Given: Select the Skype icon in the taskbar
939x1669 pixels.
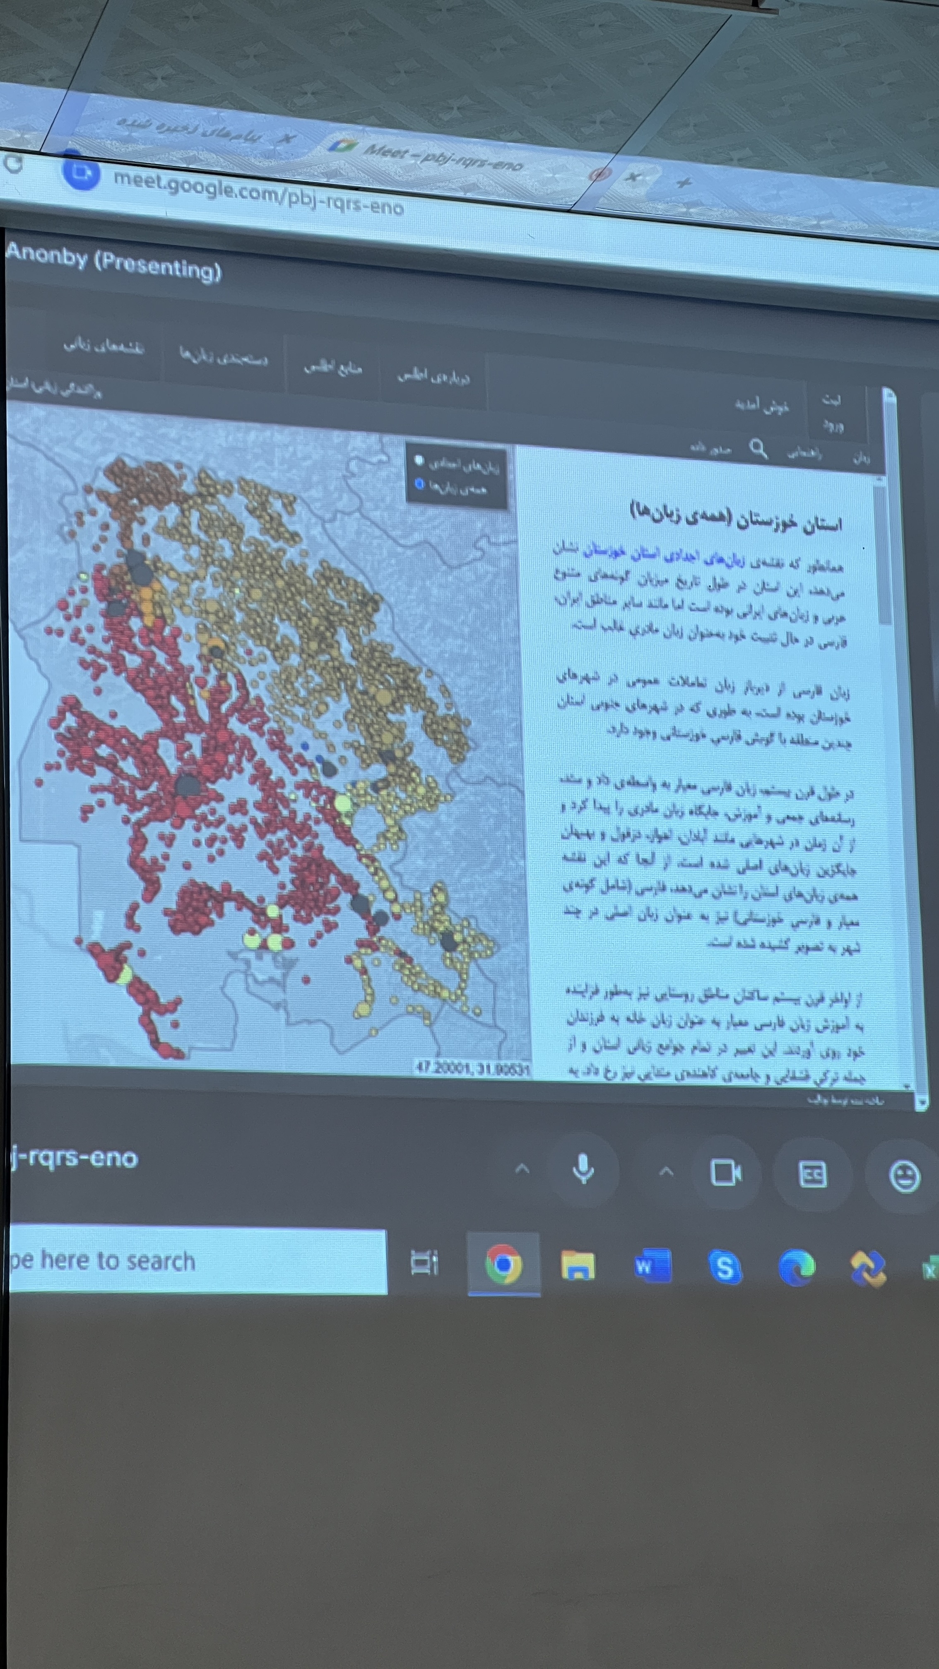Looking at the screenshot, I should click(x=725, y=1267).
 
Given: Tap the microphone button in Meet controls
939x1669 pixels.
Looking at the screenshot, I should click(x=583, y=1169).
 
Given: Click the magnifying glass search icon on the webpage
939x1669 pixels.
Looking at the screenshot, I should click(x=758, y=448).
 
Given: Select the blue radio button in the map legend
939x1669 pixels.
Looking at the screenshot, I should click(x=419, y=483).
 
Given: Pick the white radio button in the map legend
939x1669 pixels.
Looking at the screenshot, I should click(x=419, y=460).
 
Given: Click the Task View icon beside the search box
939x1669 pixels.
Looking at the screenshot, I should click(x=424, y=1262).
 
